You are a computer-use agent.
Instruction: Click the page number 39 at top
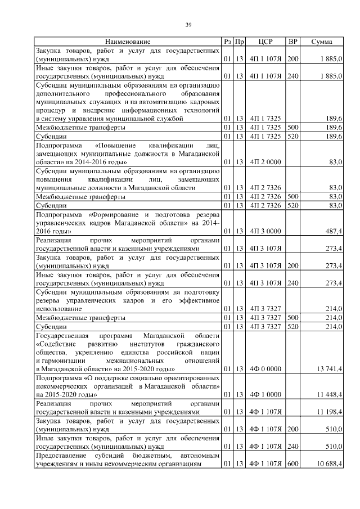(189, 24)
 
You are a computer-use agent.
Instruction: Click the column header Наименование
(127, 42)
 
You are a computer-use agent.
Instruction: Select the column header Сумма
(321, 42)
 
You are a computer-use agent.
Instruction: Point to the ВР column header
(292, 42)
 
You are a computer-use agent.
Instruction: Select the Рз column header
(227, 42)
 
